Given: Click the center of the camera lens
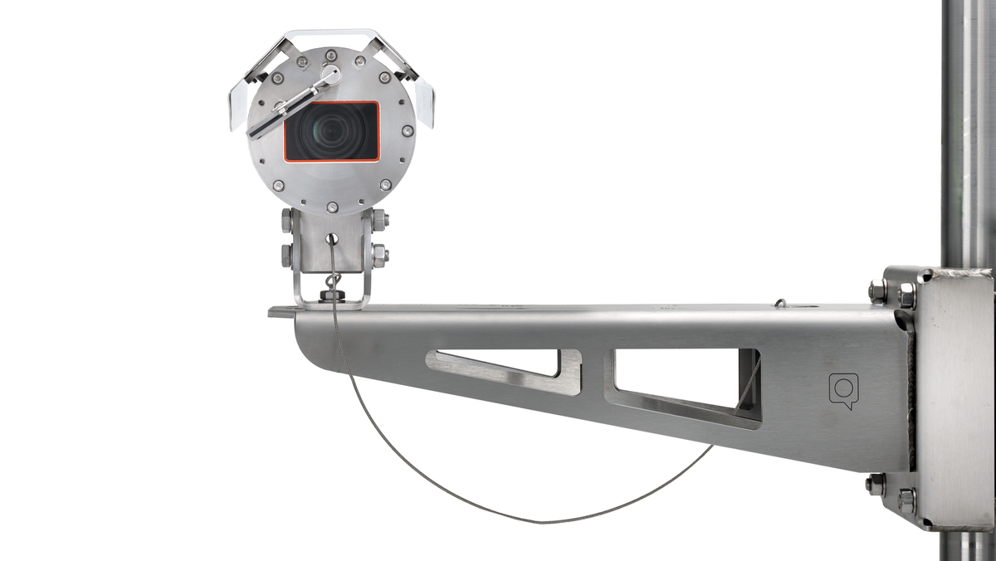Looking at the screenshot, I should (x=332, y=131).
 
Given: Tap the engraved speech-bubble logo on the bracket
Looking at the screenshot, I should (x=843, y=390).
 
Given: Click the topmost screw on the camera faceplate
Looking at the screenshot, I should (x=331, y=55).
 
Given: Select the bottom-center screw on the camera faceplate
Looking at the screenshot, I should (x=332, y=207).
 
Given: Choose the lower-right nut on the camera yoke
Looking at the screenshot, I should (x=379, y=255).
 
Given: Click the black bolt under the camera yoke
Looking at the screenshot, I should (x=332, y=295).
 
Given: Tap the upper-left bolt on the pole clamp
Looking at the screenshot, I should (x=877, y=291).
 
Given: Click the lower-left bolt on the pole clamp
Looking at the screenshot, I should (x=875, y=485).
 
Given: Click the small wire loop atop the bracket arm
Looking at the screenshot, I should (x=780, y=304).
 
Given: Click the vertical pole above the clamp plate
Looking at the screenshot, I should (x=967, y=124).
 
